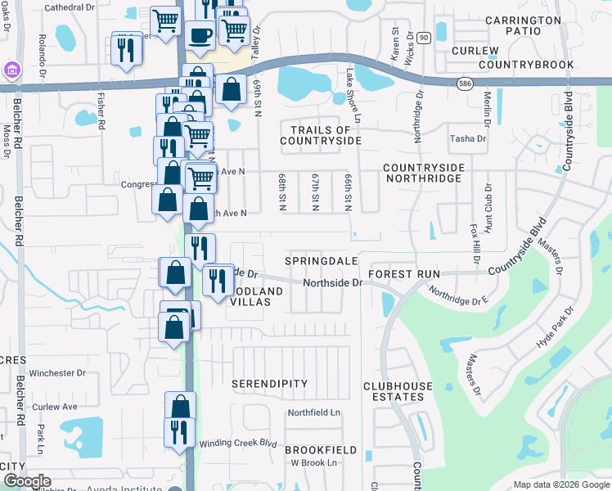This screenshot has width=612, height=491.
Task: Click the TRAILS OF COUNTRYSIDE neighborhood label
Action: pyautogui.click(x=321, y=135)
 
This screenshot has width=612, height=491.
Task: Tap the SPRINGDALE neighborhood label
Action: pyautogui.click(x=322, y=260)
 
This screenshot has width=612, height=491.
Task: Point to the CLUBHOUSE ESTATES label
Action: pyautogui.click(x=394, y=391)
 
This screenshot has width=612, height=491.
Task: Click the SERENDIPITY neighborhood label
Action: pyautogui.click(x=269, y=383)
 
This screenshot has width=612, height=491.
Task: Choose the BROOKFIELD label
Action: pyautogui.click(x=321, y=450)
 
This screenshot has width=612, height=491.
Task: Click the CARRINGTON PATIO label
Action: pyautogui.click(x=524, y=25)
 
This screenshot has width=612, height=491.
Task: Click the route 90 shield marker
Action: pyautogui.click(x=423, y=38)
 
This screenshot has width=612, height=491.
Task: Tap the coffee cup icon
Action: pyautogui.click(x=200, y=34)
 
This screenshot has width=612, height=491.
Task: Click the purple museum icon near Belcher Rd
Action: pyautogui.click(x=11, y=70)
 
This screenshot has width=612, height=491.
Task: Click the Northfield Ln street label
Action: pyautogui.click(x=313, y=412)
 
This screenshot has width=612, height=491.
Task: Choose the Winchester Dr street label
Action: pyautogui.click(x=57, y=372)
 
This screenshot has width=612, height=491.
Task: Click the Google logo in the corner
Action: pyautogui.click(x=26, y=481)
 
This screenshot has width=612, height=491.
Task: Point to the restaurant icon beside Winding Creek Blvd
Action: pyautogui.click(x=179, y=431)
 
